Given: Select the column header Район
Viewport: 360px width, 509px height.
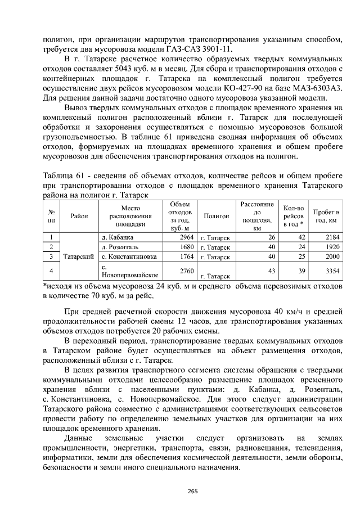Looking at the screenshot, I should tap(79, 216).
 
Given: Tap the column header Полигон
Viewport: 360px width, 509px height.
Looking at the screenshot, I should tap(216, 216).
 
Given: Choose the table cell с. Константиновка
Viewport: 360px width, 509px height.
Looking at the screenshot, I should tap(127, 256).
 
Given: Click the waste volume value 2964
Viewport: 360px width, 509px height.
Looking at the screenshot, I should tap(186, 237).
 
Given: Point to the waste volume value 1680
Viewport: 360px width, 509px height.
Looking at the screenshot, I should tap(186, 247).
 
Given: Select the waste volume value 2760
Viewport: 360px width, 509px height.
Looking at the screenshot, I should tap(186, 271).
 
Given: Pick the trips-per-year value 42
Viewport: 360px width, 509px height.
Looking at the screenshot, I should tap(301, 237).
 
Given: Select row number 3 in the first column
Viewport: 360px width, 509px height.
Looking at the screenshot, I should tap(51, 256).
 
